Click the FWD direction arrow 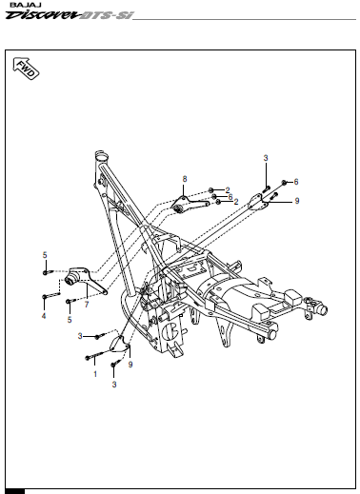tap(26, 69)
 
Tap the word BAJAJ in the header tap(21, 5)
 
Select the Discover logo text tap(42, 15)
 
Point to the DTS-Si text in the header tap(106, 15)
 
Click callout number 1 tap(95, 374)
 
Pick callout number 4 tap(44, 316)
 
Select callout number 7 tap(87, 305)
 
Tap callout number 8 tap(185, 179)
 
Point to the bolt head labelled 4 tap(45, 297)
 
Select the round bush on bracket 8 tap(178, 209)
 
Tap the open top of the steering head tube tap(102, 156)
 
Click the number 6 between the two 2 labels tap(230, 197)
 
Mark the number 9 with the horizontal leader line tap(297, 201)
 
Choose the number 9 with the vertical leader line tap(130, 365)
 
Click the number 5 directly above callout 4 tap(45, 255)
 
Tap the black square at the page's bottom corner tap(15, 491)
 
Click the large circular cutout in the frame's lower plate tap(170, 332)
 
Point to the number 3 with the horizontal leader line tap(80, 336)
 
